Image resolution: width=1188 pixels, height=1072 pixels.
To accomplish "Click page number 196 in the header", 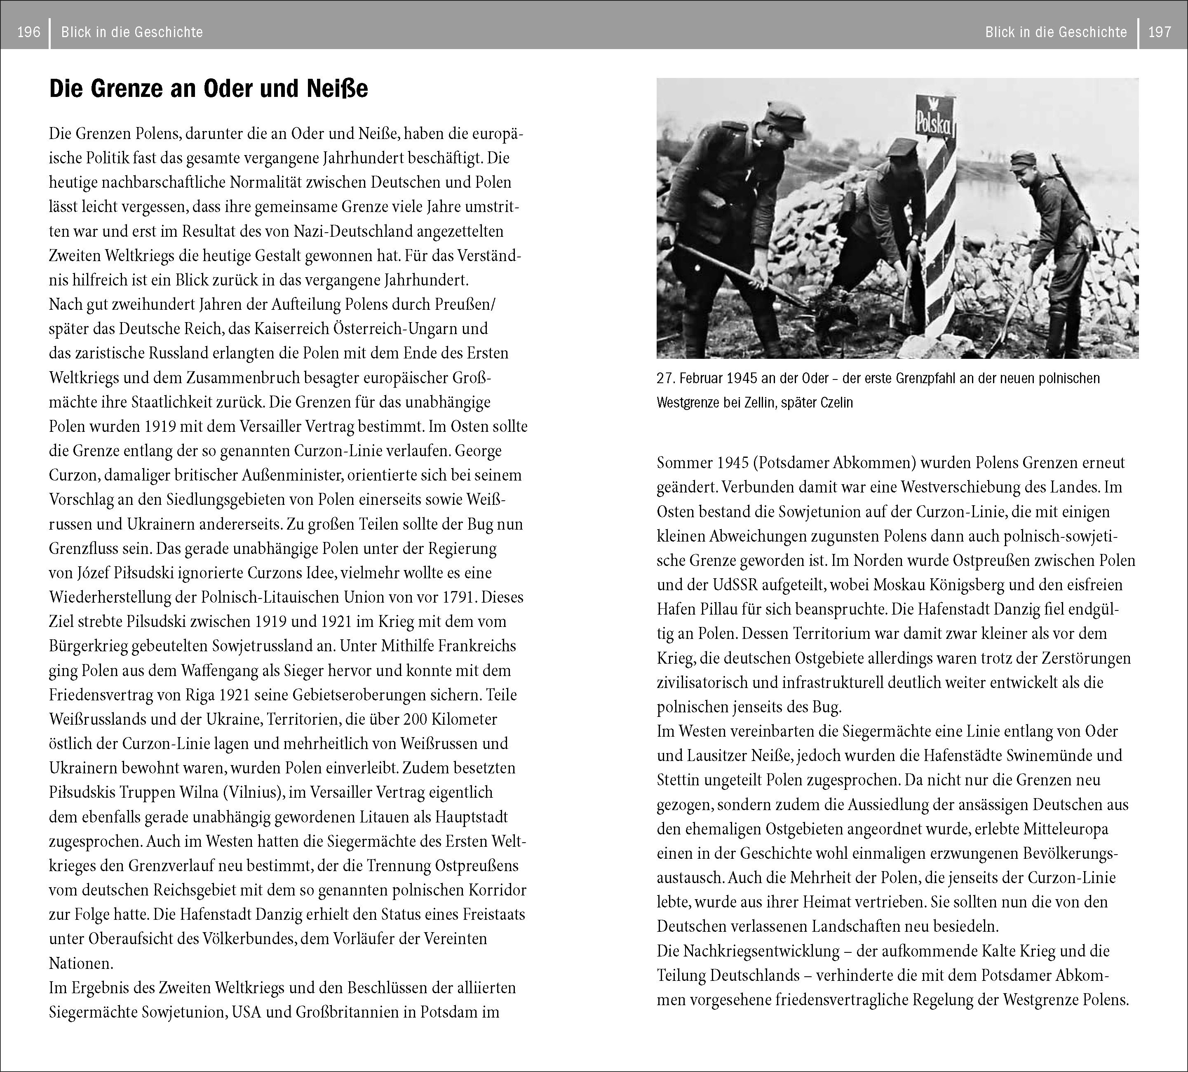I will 29,32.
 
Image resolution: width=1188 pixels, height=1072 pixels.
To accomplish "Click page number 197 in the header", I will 1159,32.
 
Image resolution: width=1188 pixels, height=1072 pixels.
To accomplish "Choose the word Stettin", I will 679,780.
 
